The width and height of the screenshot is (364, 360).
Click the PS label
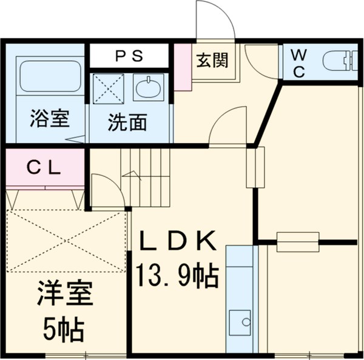(129, 56)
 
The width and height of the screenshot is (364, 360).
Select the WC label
(299, 62)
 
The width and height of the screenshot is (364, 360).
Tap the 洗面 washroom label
(127, 122)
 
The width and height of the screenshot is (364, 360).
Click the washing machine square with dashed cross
(109, 89)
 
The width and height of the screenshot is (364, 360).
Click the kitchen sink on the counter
(241, 320)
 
